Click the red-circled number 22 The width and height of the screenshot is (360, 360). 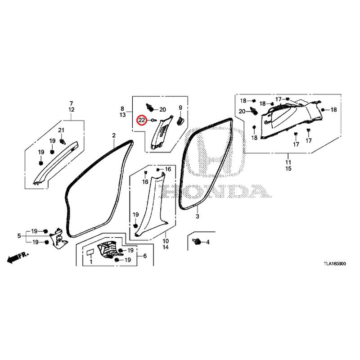click(x=142, y=120)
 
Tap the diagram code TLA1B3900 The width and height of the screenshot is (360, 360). click(x=335, y=264)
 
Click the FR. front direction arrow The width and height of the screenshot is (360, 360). click(x=18, y=257)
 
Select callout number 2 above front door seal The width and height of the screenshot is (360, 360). click(x=114, y=135)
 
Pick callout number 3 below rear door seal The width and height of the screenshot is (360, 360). click(x=197, y=216)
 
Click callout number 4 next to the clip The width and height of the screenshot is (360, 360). click(x=208, y=242)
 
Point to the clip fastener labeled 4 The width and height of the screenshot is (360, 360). click(x=197, y=241)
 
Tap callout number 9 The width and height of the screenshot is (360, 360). click(x=180, y=108)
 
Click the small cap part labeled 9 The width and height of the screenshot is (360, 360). click(x=180, y=121)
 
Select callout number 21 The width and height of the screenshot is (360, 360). click(x=61, y=130)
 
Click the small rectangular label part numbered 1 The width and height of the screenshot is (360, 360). click(x=90, y=252)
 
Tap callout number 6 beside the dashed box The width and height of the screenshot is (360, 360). click(x=145, y=256)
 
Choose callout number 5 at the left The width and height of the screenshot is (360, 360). click(x=19, y=236)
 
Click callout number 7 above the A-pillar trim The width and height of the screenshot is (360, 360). click(x=71, y=103)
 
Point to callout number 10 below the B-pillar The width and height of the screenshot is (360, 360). click(x=166, y=241)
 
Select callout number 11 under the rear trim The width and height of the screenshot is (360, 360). click(x=288, y=162)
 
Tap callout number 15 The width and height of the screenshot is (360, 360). click(x=288, y=168)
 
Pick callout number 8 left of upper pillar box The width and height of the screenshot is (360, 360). click(x=122, y=108)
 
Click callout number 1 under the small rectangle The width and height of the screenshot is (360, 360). click(x=91, y=261)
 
